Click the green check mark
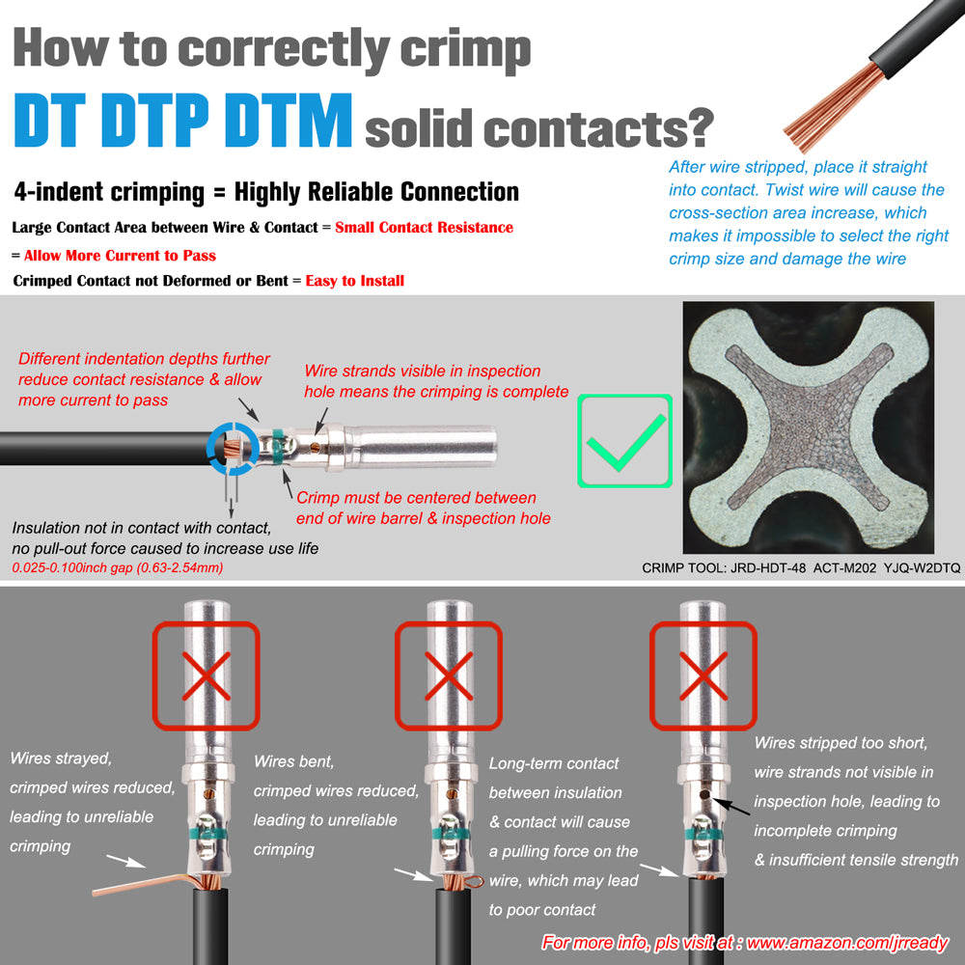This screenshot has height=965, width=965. [626, 442]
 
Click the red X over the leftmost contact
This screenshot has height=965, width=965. [207, 676]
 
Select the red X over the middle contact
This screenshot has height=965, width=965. [449, 676]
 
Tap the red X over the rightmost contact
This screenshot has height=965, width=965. [703, 676]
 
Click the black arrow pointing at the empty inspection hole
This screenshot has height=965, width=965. [731, 807]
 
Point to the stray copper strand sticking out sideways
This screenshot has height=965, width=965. [143, 885]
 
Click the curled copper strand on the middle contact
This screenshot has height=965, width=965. [474, 882]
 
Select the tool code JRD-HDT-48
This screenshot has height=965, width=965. [767, 568]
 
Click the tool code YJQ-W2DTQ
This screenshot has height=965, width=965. [922, 568]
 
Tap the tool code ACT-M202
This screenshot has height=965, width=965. [844, 568]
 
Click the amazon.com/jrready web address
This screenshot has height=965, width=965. [847, 942]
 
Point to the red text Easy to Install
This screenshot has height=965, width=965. [355, 281]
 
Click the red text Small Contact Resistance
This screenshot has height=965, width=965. [424, 227]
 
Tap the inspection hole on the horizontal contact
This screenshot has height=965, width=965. [316, 447]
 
